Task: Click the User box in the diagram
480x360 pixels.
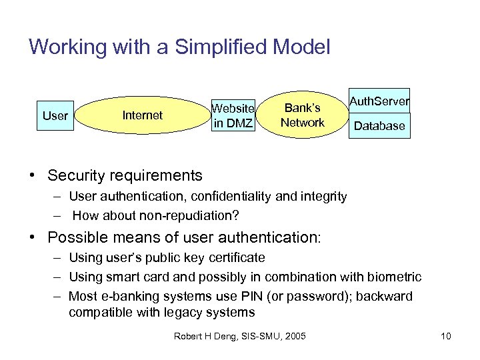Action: pos(55,116)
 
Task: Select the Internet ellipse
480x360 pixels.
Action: pos(142,115)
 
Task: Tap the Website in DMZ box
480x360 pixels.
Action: pos(233,115)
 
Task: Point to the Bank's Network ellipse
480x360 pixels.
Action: pos(302,115)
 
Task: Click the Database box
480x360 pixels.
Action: pos(379,125)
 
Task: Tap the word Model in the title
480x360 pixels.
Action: pos(303,47)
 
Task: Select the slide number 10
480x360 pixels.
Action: pos(446,336)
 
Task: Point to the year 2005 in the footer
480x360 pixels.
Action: pos(294,336)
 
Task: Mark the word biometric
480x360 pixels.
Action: pos(397,277)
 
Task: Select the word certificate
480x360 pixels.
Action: pos(236,257)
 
